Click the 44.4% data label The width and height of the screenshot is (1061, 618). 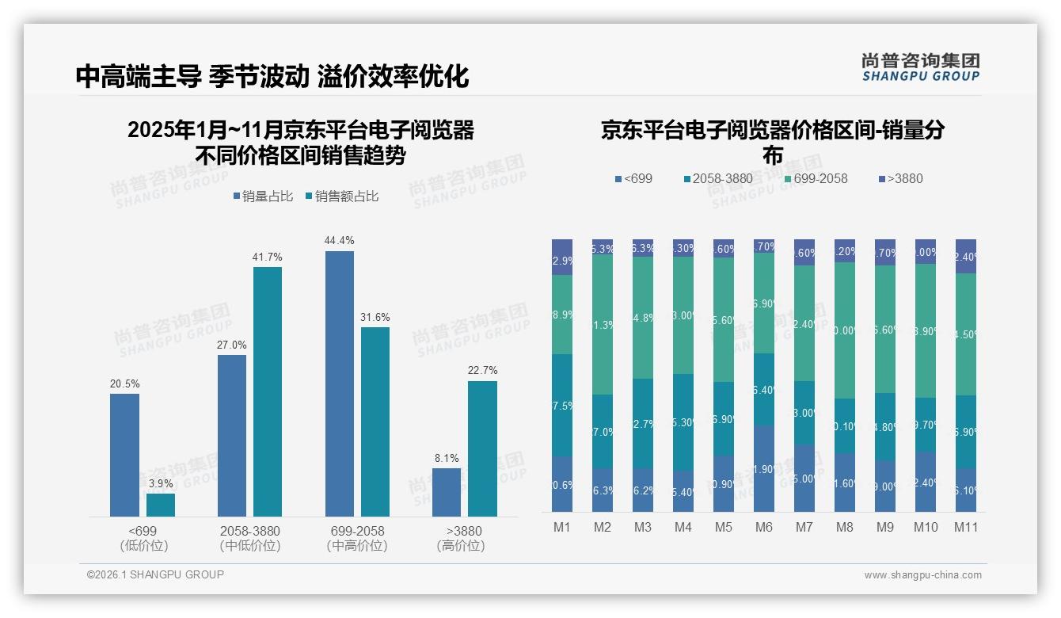pos(340,240)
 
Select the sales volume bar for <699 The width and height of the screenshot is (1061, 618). pos(124,455)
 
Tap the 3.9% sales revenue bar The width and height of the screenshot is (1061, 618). pos(161,505)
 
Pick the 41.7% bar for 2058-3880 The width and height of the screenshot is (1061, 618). pos(268,391)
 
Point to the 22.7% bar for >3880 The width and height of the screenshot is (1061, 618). pos(482,448)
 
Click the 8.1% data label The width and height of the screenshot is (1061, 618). pos(447,458)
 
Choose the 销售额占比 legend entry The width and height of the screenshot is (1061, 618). pos(341,196)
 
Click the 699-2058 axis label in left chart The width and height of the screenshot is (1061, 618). pos(357,531)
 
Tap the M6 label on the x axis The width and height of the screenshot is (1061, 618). pos(764,528)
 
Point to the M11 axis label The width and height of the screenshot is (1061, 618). pos(966,528)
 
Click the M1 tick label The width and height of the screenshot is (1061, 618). pos(562,528)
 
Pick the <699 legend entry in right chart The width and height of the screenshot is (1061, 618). pos(633,178)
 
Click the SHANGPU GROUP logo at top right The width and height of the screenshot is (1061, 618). pos(920,67)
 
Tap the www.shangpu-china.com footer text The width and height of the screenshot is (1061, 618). pos(922,575)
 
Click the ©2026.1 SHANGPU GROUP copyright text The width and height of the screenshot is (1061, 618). pos(155,574)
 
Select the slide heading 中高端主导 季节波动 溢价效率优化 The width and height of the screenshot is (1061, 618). pos(272,76)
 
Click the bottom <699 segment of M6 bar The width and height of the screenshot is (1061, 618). pos(764,468)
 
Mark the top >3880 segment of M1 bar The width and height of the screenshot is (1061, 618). pos(562,257)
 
